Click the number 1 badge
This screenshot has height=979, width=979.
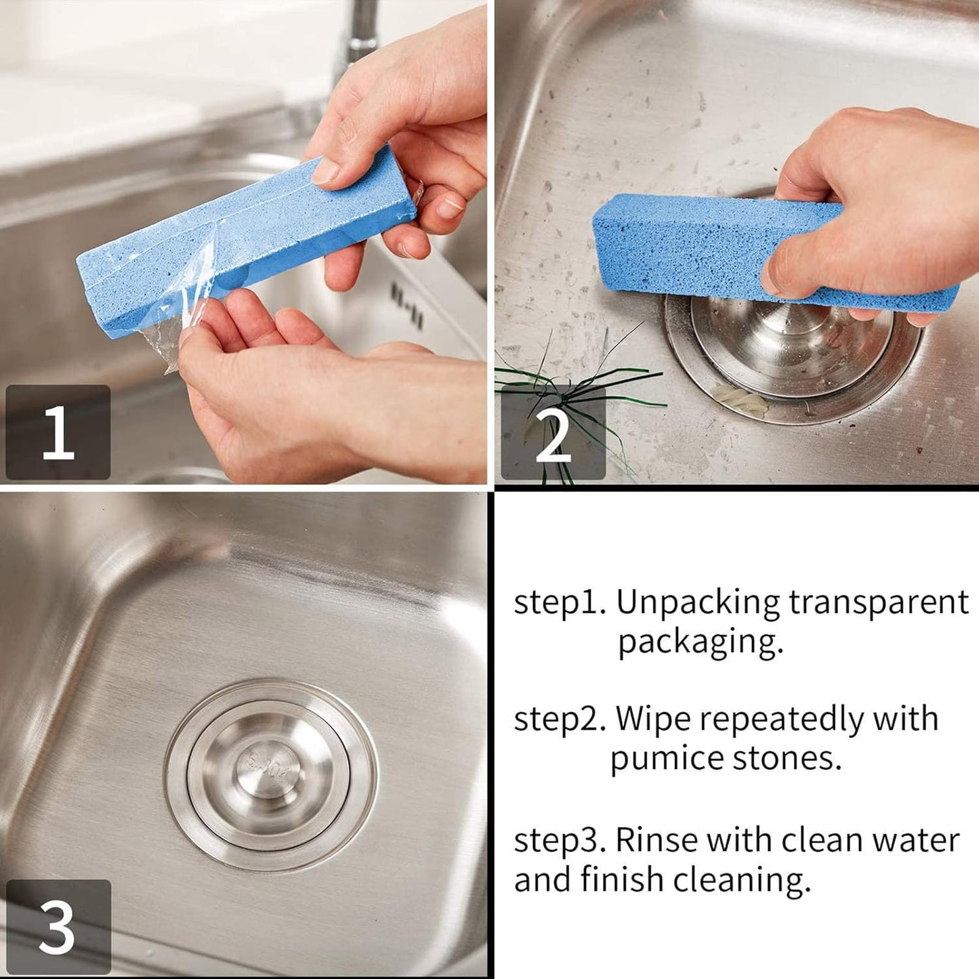pyautogui.click(x=58, y=432)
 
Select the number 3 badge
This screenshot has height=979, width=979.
pyautogui.click(x=58, y=926)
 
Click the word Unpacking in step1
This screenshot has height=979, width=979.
pyautogui.click(x=698, y=602)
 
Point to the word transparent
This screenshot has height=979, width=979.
pyautogui.click(x=879, y=602)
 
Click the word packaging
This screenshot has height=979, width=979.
pyautogui.click(x=700, y=642)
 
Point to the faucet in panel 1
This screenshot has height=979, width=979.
pyautogui.click(x=359, y=34)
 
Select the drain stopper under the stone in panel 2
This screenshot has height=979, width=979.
pyautogui.click(x=793, y=352)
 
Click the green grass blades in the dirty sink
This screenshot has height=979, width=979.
pyautogui.click(x=576, y=386)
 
